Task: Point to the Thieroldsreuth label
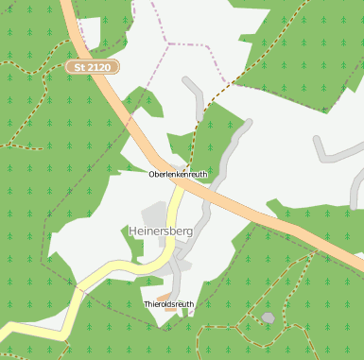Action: pos(168,304)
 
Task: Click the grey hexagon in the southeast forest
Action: pos(269,317)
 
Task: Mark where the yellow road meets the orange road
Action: pos(180,185)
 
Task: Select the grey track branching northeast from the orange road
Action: pos(232,151)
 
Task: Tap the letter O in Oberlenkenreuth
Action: pos(151,175)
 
